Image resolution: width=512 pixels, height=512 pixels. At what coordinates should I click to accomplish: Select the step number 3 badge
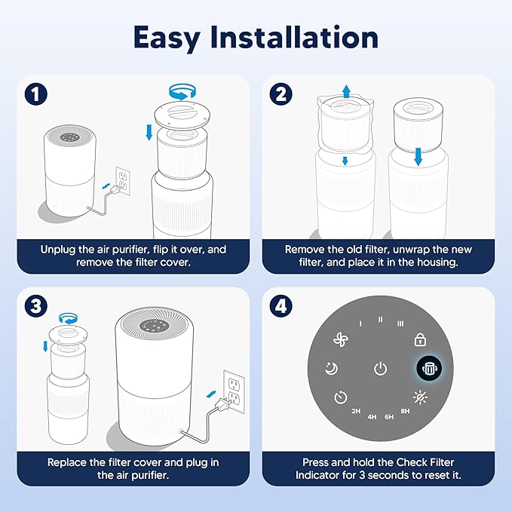coord(35,305)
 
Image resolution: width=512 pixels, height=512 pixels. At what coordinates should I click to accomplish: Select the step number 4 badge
coord(280,305)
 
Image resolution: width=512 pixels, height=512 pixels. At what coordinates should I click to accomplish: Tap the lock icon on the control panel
coord(421,340)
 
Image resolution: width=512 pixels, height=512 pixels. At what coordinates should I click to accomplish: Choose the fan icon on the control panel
coord(341,340)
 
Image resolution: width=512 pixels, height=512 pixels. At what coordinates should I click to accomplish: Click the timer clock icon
coord(341,397)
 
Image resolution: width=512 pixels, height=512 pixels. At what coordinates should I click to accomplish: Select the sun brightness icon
coord(421,397)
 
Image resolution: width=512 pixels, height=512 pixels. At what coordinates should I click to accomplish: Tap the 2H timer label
coord(356,411)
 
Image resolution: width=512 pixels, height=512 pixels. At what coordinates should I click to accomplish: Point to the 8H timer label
coord(406,411)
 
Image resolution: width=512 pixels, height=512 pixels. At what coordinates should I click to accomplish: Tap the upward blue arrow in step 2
coord(346,91)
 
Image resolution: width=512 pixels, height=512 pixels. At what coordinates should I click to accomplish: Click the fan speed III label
coord(400,323)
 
